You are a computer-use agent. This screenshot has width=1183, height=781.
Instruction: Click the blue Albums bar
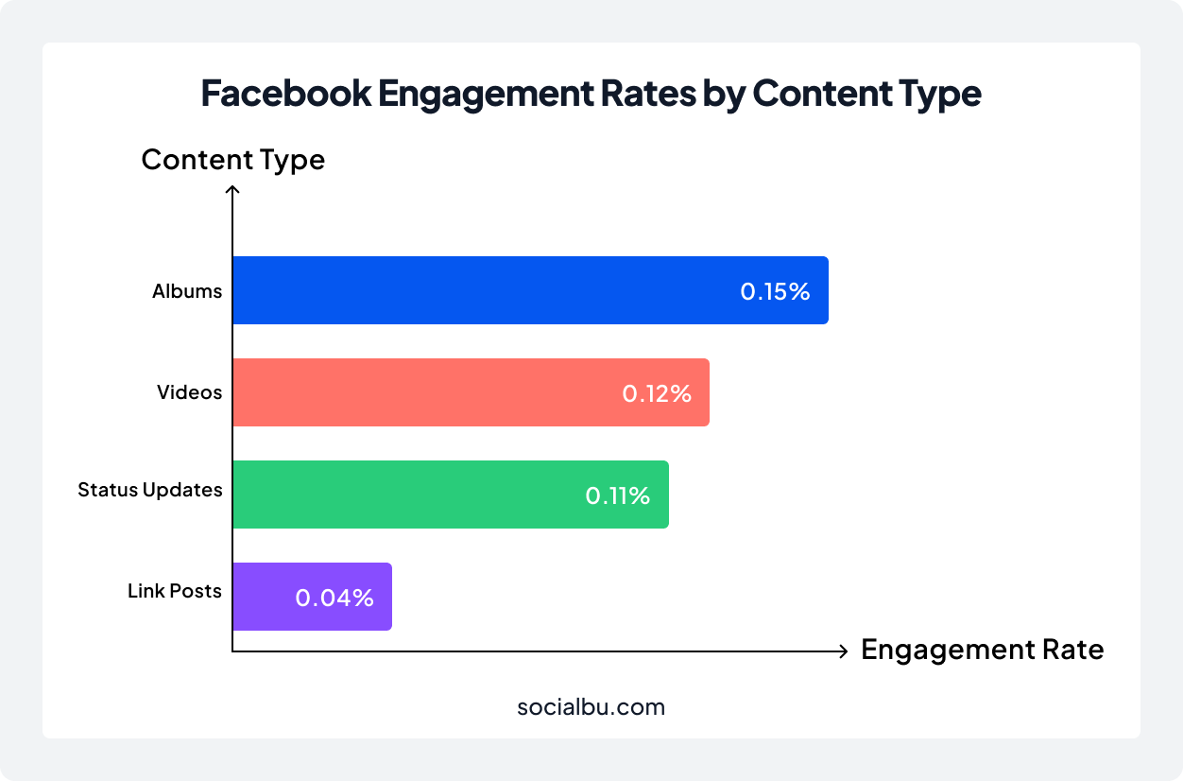click(x=529, y=290)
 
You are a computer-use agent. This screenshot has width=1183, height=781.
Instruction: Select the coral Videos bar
click(x=471, y=392)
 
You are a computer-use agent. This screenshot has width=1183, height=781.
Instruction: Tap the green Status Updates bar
click(x=450, y=495)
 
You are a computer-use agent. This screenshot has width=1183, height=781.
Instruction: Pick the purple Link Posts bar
click(x=312, y=597)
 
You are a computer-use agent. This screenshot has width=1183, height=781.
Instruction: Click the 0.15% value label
click(x=775, y=291)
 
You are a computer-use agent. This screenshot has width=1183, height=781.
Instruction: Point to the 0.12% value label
click(x=657, y=393)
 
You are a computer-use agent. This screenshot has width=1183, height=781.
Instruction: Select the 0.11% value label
click(x=618, y=495)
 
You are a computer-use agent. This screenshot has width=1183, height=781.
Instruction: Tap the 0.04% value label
click(x=334, y=598)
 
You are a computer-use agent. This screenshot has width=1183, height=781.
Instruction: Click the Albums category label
click(x=187, y=291)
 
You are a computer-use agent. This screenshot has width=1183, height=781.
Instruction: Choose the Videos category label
click(x=189, y=392)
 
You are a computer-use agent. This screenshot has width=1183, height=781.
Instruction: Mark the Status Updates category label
click(x=150, y=490)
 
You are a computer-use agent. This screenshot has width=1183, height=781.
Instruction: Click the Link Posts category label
click(x=175, y=592)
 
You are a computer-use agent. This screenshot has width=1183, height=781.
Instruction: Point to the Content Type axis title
click(x=232, y=160)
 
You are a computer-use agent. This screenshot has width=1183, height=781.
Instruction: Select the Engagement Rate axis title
click(x=982, y=651)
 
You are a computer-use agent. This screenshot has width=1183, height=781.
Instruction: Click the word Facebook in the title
click(x=285, y=95)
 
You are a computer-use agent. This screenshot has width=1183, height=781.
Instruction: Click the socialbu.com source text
click(x=591, y=706)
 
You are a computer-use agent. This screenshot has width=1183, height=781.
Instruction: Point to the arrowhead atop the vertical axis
click(x=232, y=189)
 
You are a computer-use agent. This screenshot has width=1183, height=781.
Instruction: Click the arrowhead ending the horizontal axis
click(x=843, y=651)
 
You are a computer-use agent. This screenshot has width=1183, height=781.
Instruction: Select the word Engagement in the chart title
click(x=483, y=95)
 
